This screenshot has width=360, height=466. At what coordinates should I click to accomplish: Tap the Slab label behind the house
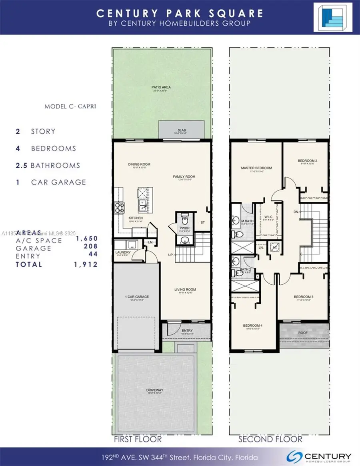tap(182, 131)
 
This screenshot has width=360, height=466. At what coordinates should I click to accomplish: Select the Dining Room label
tap(139, 164)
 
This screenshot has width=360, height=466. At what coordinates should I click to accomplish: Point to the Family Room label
tap(184, 177)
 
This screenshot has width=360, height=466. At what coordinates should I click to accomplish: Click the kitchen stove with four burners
tap(119, 207)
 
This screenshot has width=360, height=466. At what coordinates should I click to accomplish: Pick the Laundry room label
tap(122, 252)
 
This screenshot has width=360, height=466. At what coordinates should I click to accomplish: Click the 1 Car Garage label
tap(137, 297)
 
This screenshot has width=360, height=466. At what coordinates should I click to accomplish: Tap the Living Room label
tap(185, 289)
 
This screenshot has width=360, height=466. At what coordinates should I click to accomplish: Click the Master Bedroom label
tap(256, 168)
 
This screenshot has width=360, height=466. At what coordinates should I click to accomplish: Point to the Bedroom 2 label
tap(307, 161)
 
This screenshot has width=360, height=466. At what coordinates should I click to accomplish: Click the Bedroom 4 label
tap(252, 325)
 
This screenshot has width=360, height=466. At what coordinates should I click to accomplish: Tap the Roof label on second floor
tap(304, 333)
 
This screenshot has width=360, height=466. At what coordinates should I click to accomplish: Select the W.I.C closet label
tap(268, 207)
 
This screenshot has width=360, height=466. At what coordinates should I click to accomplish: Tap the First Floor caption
tap(138, 439)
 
